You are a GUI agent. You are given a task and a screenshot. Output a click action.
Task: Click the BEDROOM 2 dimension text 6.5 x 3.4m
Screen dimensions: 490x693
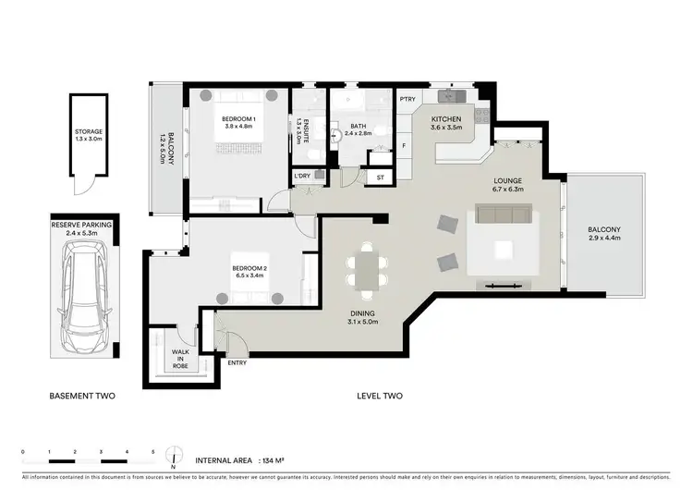tap(249, 276)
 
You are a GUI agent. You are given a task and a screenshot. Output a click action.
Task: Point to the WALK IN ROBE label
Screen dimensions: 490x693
tap(180, 357)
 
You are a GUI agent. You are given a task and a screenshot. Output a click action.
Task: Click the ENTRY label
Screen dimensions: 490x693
tap(237, 362)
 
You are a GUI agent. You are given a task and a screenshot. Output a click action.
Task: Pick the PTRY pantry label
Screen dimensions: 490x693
tap(407, 100)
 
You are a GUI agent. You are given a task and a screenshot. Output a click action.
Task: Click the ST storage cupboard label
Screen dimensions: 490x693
tap(379, 177)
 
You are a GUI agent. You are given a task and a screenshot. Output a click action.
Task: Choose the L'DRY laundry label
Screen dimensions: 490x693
tap(301, 176)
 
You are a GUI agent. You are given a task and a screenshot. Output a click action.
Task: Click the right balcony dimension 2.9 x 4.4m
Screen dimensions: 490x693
tap(605, 238)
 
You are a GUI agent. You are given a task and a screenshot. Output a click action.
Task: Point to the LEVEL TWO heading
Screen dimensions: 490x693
tap(380, 397)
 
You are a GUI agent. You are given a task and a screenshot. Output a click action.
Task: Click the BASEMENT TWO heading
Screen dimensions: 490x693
tap(82, 397)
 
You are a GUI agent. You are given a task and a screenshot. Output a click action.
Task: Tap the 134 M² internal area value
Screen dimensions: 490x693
tap(275, 459)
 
